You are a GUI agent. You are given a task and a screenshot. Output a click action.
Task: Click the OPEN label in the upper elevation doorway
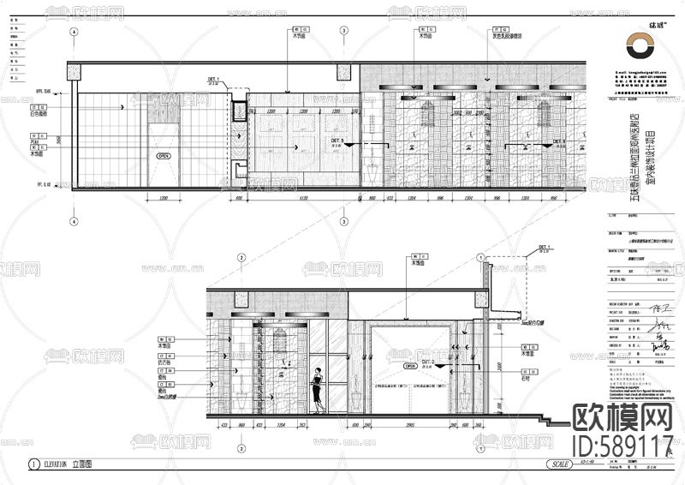point(164,157)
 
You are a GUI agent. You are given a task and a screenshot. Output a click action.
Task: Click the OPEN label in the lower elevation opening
point(411,365)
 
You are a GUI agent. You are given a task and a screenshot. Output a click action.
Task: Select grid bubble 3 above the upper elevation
point(343,31)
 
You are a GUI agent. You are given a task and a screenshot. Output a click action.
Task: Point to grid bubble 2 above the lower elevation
point(242,257)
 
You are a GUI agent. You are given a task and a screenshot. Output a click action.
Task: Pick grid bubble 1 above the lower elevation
point(481,257)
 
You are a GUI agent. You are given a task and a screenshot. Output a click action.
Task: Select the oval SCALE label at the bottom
point(562,464)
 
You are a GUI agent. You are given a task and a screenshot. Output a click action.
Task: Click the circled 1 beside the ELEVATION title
point(33,464)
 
